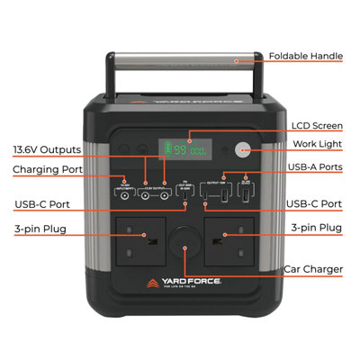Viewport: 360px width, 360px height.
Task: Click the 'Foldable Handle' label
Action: tap(305, 57)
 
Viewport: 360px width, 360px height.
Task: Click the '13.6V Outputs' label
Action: tap(47, 148)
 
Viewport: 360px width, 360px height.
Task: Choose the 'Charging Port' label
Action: tap(47, 169)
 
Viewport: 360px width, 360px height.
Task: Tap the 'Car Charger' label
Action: tap(312, 268)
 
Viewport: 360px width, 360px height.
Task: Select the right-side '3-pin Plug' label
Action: tap(317, 229)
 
